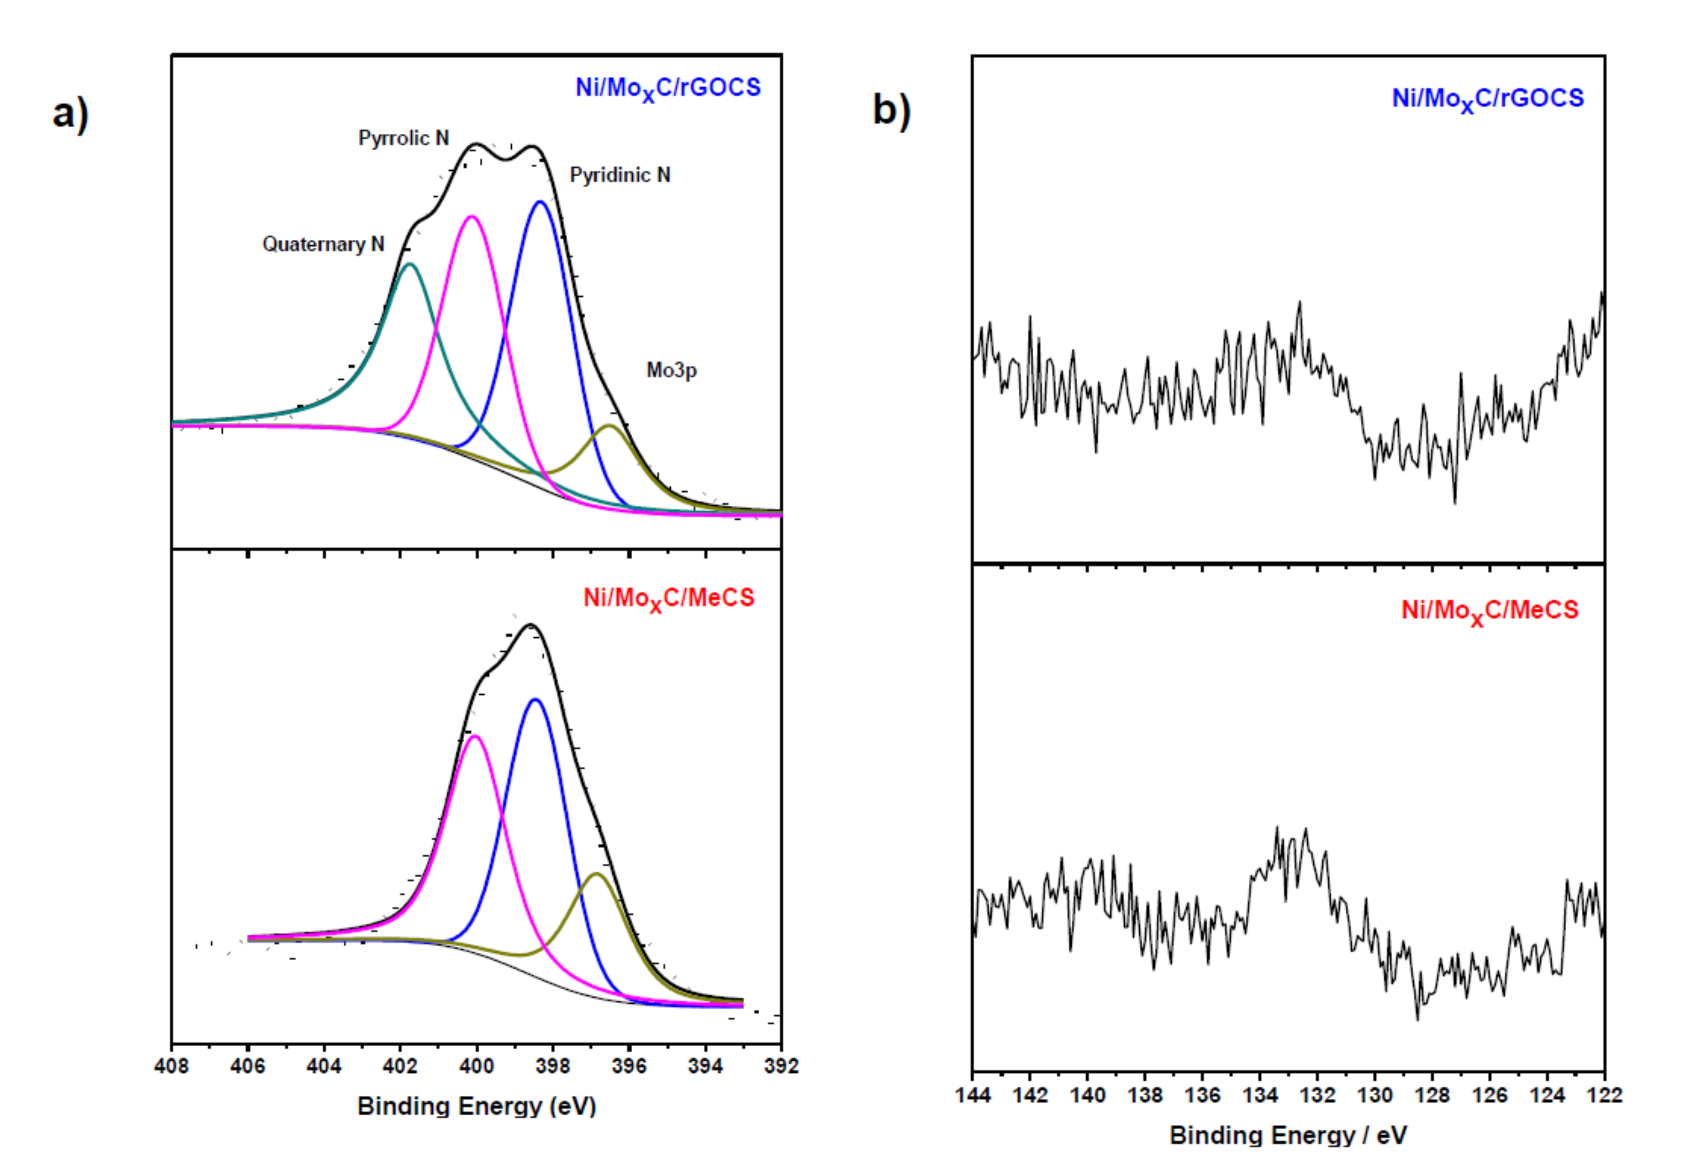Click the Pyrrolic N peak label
click(x=403, y=138)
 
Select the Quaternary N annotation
click(x=323, y=244)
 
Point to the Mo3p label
click(x=671, y=370)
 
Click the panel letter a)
click(x=70, y=114)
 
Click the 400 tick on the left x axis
click(x=476, y=1066)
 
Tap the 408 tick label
click(x=172, y=1066)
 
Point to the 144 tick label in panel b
click(x=972, y=1095)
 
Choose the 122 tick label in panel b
click(x=1605, y=1095)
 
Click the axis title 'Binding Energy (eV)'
click(x=476, y=1106)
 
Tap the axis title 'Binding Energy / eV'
click(x=1288, y=1135)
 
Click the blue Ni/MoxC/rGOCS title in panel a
click(x=668, y=89)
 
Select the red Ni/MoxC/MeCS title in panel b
click(x=1489, y=611)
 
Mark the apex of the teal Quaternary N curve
click(x=410, y=264)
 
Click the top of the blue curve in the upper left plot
click(x=540, y=202)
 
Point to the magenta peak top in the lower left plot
click(x=475, y=736)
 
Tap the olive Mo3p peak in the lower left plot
click(x=597, y=874)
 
